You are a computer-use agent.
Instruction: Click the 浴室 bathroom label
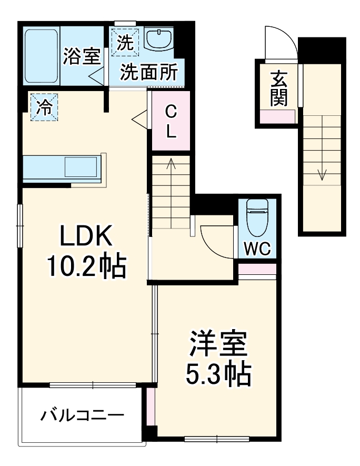[x=81, y=56]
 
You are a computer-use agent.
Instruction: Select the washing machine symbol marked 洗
[x=125, y=42]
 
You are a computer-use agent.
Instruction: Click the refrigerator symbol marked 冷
[x=44, y=107]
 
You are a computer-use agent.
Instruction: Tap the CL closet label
[x=171, y=121]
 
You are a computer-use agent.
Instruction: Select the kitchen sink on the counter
[x=82, y=167]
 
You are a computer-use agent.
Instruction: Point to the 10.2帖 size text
[x=87, y=267]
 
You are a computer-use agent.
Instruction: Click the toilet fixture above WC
[x=257, y=217]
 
